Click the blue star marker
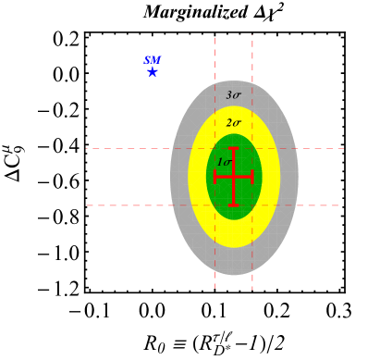[153, 71]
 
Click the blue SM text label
[153, 60]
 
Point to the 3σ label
[233, 95]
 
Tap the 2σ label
[233, 123]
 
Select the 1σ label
[224, 163]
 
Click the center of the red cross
[234, 176]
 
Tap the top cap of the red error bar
[234, 148]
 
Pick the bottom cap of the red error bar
[234, 204]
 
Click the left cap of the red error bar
[215, 176]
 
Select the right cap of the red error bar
[251, 176]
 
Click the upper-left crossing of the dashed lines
[215, 148]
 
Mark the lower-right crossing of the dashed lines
[252, 205]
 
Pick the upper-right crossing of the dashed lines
[252, 148]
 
